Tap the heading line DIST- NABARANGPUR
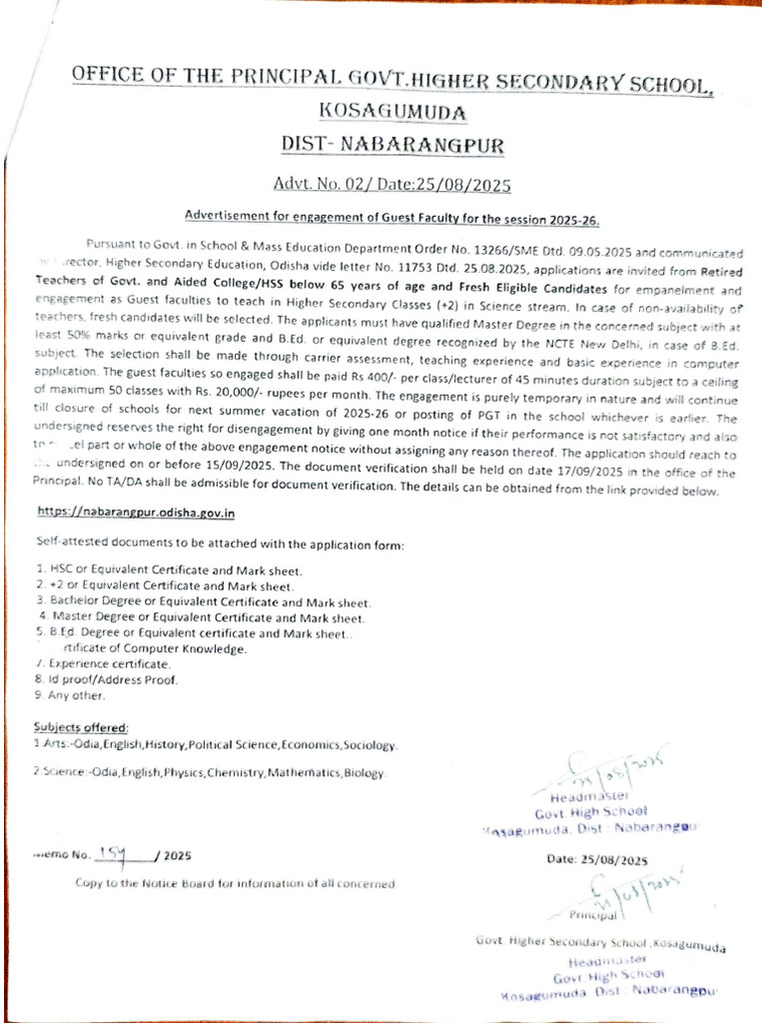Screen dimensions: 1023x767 point(391,146)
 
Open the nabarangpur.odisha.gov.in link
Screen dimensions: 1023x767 point(137,511)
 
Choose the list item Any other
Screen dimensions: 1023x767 point(77,695)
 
